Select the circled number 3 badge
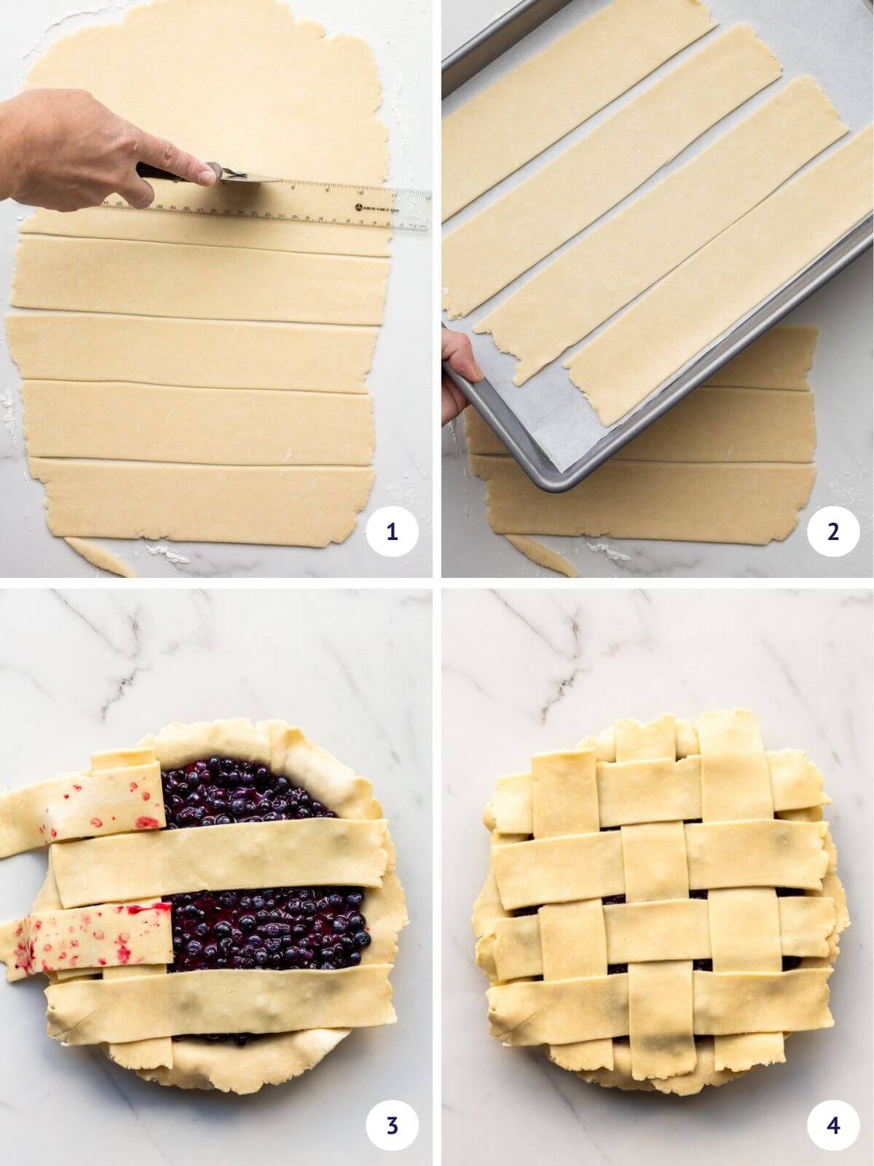pyautogui.click(x=393, y=1125)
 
